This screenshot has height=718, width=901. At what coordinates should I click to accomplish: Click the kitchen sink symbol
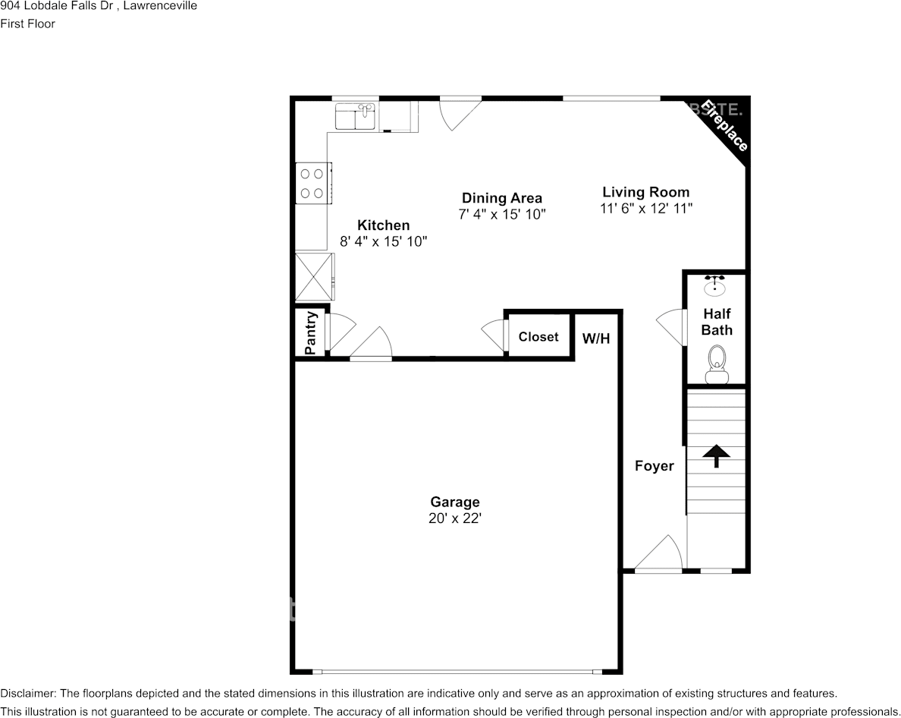click(x=356, y=118)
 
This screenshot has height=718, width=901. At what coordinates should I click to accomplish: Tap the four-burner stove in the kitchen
click(x=312, y=183)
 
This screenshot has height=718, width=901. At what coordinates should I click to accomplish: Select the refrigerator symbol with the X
click(x=313, y=276)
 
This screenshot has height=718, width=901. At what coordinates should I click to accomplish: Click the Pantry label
click(x=310, y=332)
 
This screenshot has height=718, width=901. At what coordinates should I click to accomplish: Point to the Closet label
click(x=538, y=336)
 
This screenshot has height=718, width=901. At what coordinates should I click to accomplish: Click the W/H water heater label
click(x=596, y=339)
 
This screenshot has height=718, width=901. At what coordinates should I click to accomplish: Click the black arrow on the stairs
click(x=716, y=455)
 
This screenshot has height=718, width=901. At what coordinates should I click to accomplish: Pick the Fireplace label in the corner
click(x=724, y=125)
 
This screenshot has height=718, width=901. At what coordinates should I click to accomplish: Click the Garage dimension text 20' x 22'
click(x=454, y=519)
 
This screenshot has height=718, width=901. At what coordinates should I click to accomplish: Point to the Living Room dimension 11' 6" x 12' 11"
click(x=646, y=208)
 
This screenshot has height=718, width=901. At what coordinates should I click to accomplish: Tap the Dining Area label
click(x=502, y=198)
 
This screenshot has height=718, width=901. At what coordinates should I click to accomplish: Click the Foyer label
click(x=654, y=466)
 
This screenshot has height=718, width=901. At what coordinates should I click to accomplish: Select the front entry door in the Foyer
click(x=658, y=554)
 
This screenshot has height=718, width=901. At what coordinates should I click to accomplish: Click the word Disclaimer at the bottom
click(x=27, y=693)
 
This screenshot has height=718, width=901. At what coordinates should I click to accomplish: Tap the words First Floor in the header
click(x=27, y=24)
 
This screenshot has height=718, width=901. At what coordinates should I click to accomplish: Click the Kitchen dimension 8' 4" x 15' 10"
click(x=384, y=241)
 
